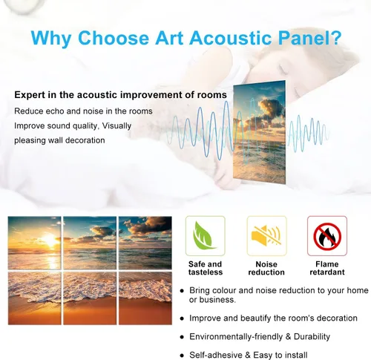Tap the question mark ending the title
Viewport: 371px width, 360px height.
[x=336, y=38]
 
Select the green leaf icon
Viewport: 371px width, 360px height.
[x=204, y=235]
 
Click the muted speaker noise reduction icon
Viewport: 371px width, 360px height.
[x=266, y=235]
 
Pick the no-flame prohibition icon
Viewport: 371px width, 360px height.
[x=327, y=236]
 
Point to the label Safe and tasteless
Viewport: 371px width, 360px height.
[x=206, y=268]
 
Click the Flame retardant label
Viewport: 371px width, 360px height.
[x=327, y=268]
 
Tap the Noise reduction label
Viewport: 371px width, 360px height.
[x=266, y=268]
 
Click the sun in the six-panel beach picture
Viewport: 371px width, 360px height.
[x=50, y=240]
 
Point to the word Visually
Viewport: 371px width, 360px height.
[x=116, y=126]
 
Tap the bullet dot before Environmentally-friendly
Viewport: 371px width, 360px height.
[x=183, y=337]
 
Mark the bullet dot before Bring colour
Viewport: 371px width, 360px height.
[x=183, y=291]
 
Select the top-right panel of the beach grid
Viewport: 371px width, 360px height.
[x=145, y=243]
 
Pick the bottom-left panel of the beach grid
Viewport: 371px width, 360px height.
[x=34, y=298]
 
